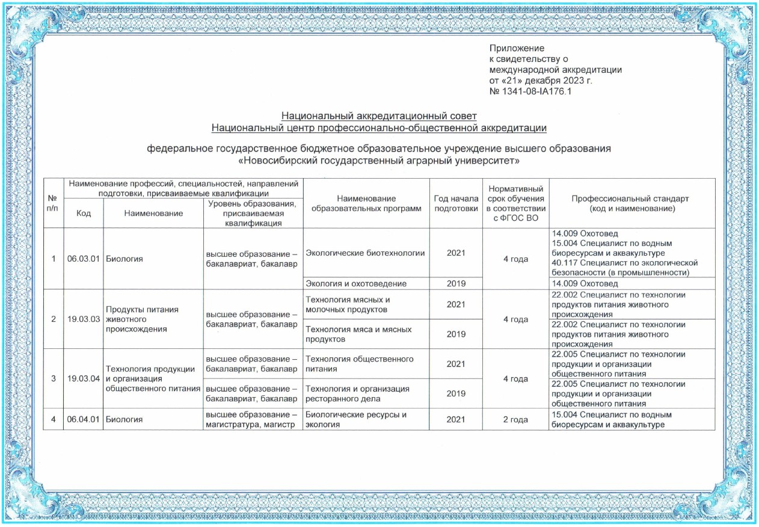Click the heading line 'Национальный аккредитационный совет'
[379, 116]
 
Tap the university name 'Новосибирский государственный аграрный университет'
[379, 162]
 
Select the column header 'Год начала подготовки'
[455, 203]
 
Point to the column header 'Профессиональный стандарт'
[631, 203]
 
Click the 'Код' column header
[84, 214]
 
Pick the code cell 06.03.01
[84, 259]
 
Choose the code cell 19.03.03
[84, 319]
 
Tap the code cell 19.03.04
[84, 378]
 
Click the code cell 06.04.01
[84, 419]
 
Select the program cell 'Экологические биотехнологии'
[365, 253]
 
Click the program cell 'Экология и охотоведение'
[356, 283]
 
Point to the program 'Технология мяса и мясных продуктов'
[358, 334]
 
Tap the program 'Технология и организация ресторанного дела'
[357, 393]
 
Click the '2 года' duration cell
[515, 419]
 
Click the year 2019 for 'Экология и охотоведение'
[455, 283]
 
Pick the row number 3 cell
[54, 378]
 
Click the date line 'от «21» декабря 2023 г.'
[541, 81]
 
